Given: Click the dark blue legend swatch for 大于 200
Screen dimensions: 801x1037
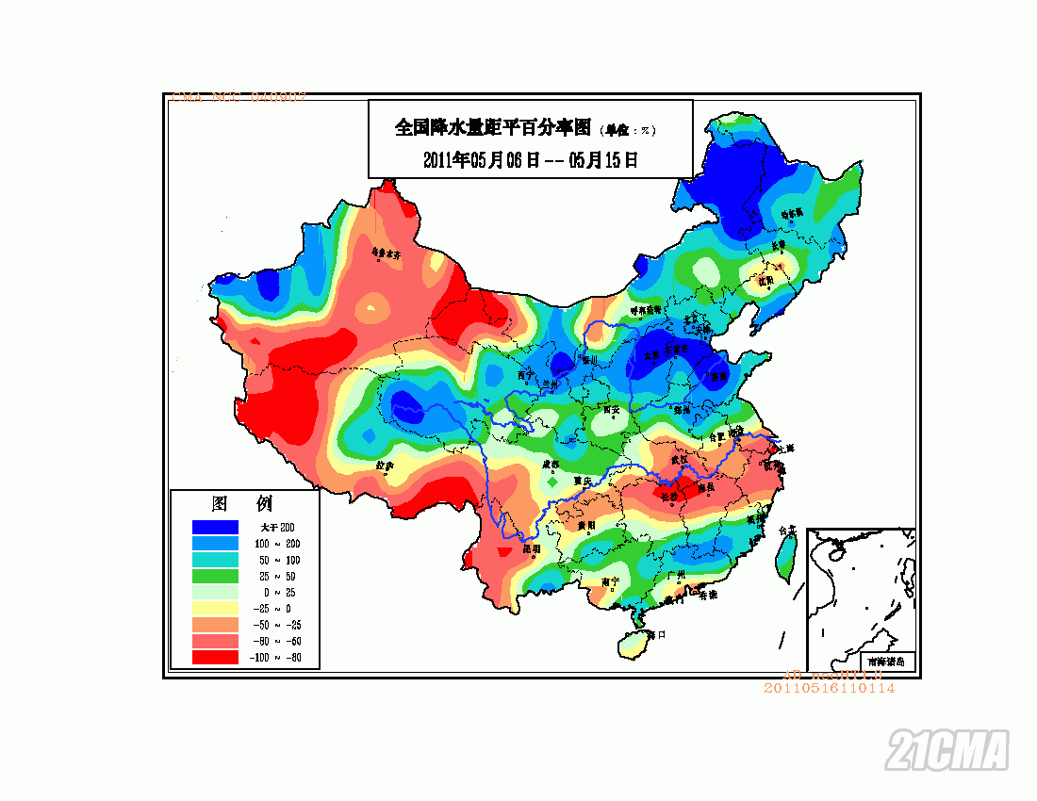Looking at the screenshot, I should (214, 527).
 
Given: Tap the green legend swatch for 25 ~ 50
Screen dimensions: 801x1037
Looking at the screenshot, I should (214, 575).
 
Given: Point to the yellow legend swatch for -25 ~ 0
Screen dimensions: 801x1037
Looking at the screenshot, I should (214, 608).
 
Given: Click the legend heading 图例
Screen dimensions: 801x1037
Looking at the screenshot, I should (242, 504).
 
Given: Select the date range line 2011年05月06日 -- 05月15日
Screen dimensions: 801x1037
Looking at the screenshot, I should (531, 160).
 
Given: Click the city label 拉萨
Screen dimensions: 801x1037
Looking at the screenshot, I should (384, 466).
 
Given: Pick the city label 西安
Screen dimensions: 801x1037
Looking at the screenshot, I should (612, 410).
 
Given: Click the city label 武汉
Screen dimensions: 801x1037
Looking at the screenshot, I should (680, 459).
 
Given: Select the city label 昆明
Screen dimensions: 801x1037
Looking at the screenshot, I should (531, 548).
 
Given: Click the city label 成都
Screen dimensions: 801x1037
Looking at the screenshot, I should (550, 466).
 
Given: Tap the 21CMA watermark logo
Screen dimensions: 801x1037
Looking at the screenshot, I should (946, 750).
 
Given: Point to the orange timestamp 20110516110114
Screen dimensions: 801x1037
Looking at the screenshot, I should (829, 688).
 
